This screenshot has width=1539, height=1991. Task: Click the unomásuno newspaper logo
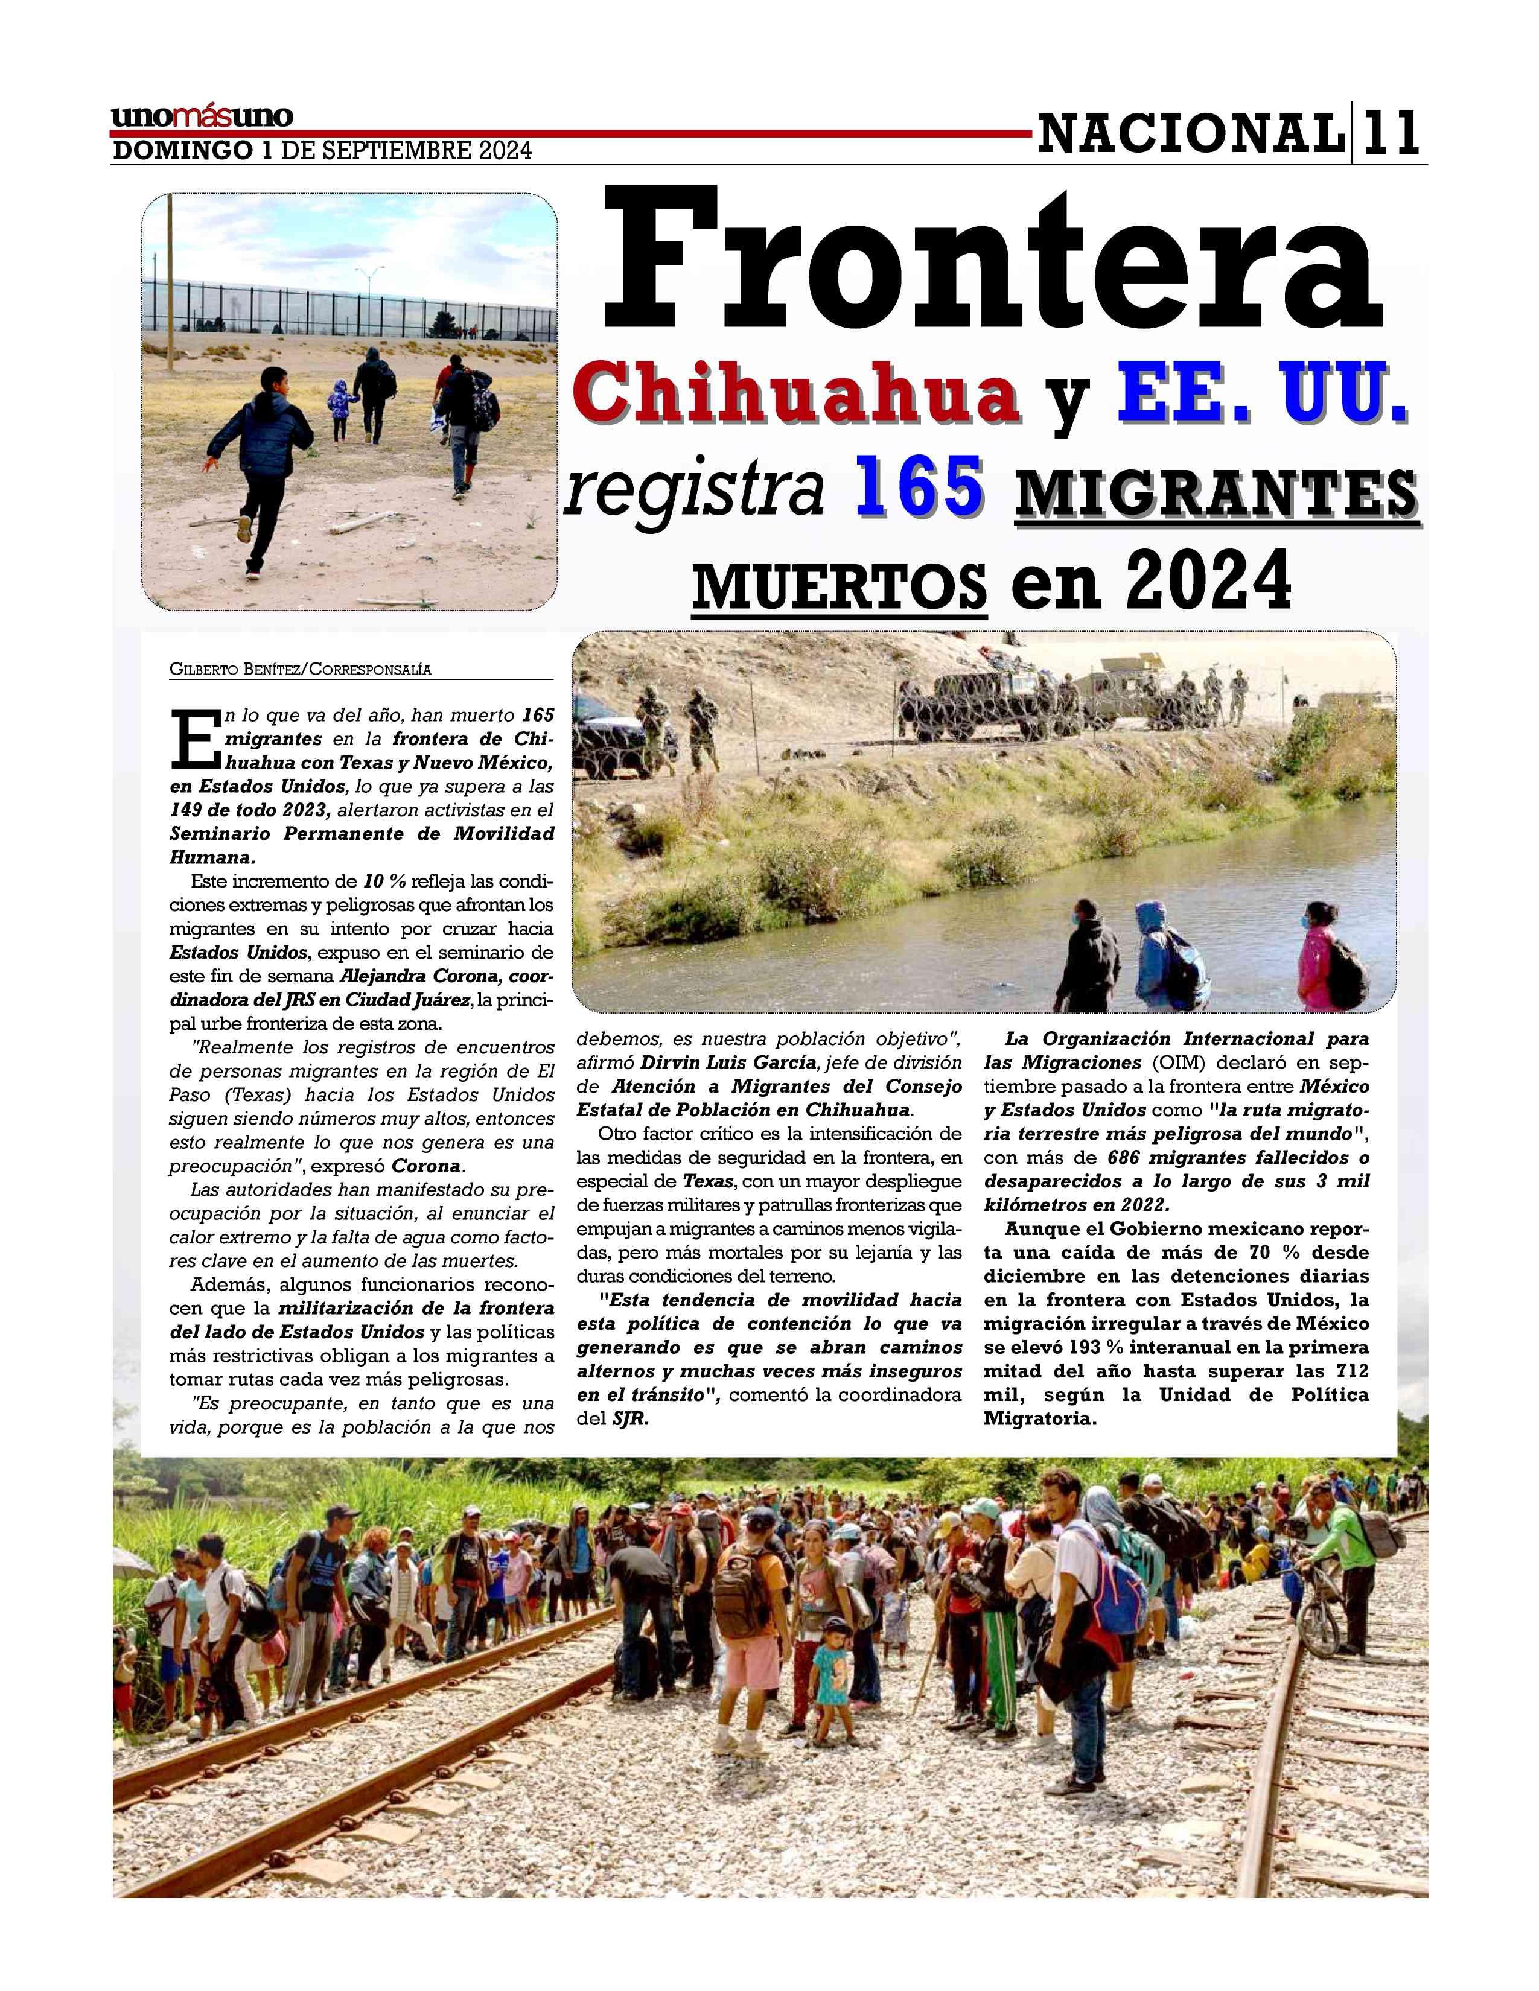coord(202,116)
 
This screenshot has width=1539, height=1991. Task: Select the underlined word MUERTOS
coord(839,583)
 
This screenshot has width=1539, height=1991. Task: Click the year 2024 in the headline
coord(1208,582)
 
